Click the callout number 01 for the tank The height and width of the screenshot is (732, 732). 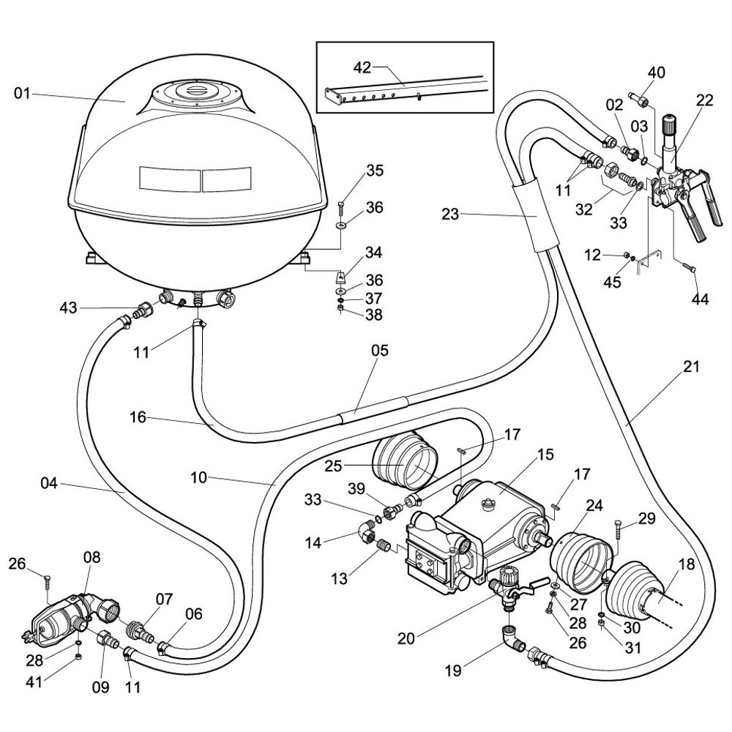point(23,93)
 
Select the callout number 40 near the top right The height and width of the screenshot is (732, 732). point(657,72)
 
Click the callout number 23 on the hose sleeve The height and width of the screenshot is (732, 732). point(451,214)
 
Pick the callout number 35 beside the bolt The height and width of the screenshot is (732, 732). point(375,172)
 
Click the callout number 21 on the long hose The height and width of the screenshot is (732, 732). point(692,367)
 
